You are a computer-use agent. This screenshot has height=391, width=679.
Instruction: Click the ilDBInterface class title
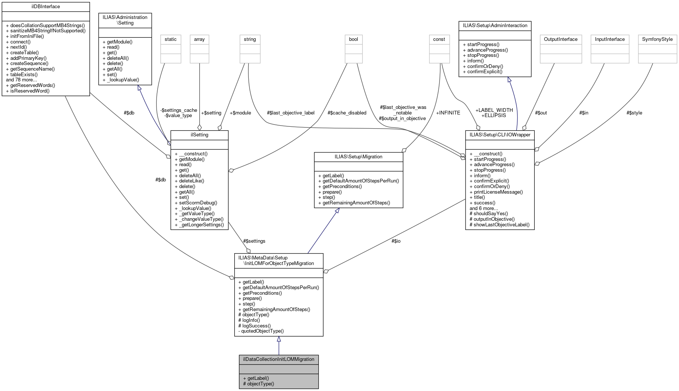[46, 7]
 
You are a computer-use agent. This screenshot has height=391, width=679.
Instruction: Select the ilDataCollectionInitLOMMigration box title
[279, 359]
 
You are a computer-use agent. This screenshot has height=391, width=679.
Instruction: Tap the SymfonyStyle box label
[657, 39]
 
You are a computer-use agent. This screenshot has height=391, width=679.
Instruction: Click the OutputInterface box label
[560, 39]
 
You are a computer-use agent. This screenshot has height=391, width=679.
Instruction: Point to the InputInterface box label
[609, 39]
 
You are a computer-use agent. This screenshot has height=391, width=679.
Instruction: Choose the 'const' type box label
[439, 39]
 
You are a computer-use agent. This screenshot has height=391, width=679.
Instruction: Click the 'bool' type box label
[353, 39]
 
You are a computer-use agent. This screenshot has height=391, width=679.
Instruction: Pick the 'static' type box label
[170, 39]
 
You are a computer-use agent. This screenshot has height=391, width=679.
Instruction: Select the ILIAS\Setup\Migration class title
[358, 157]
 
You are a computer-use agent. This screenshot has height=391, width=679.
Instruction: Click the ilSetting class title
[199, 135]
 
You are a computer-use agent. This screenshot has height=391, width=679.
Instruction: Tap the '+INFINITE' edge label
[448, 113]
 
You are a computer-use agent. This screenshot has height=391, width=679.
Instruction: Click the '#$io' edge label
[396, 241]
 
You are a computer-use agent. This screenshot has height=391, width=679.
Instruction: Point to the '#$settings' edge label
[254, 241]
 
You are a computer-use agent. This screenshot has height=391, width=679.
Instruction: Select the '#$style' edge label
[634, 113]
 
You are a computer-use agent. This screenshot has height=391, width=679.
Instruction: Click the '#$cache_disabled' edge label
[347, 113]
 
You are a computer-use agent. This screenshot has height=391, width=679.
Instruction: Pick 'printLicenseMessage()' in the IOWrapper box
[498, 192]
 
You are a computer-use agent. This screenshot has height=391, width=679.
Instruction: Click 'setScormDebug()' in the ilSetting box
[198, 203]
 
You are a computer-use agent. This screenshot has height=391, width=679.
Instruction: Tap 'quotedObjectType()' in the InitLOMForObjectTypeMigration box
[262, 331]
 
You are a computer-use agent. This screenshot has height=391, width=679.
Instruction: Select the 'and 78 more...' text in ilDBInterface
[22, 80]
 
